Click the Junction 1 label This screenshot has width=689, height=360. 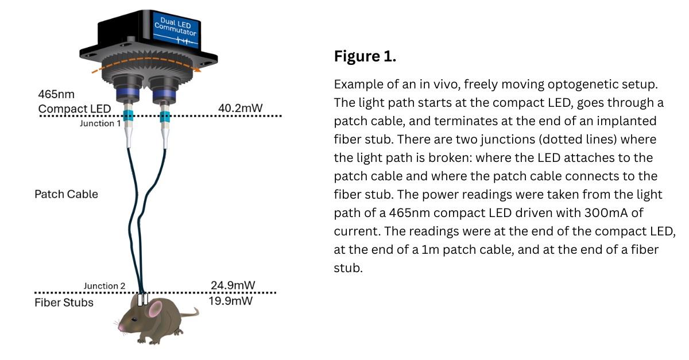(100, 123)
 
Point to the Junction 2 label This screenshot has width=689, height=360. (104, 286)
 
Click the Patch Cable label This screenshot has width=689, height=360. (66, 194)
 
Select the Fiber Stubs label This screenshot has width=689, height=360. (64, 303)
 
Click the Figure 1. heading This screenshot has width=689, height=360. (365, 57)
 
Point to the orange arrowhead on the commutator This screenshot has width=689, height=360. (197, 69)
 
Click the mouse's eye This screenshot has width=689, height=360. (134, 318)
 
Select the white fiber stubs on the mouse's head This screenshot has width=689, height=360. (143, 299)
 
